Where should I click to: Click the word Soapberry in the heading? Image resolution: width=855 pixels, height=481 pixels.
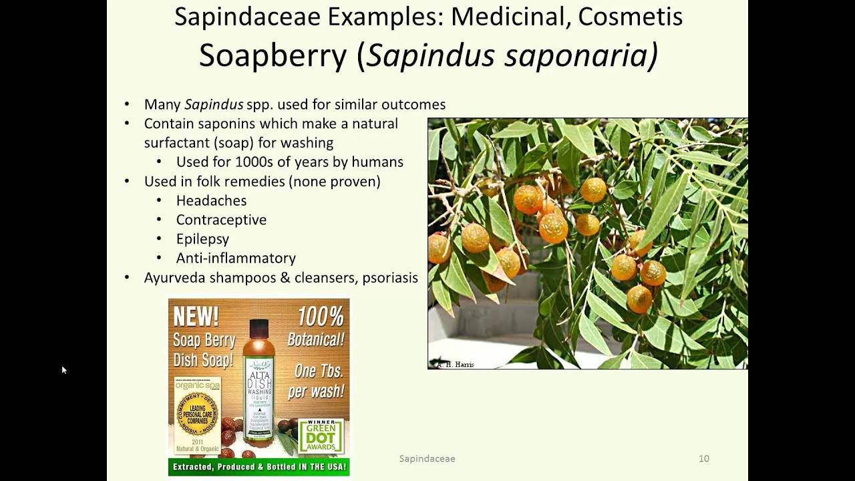[x=273, y=55]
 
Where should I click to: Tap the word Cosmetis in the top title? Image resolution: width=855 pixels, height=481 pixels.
[x=630, y=17]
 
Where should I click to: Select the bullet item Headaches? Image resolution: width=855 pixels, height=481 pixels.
[x=211, y=200]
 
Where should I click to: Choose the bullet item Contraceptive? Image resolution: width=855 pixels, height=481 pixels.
[x=221, y=220]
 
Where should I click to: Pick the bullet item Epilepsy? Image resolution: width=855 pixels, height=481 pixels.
[x=202, y=239]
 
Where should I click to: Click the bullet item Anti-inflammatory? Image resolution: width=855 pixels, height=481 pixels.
[x=236, y=258]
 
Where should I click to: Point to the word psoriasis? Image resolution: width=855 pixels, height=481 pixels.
[x=390, y=277]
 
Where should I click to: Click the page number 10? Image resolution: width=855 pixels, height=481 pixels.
[x=703, y=458]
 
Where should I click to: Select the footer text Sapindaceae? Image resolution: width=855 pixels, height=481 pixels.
[x=427, y=458]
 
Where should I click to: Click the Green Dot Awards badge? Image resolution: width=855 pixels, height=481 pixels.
[x=321, y=436]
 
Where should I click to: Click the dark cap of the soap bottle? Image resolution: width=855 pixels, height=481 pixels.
[x=259, y=328]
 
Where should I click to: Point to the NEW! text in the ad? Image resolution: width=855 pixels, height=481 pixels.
[x=196, y=316]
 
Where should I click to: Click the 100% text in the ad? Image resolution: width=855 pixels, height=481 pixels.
[x=321, y=316]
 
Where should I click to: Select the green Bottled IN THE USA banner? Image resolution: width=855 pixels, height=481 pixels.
[x=259, y=466]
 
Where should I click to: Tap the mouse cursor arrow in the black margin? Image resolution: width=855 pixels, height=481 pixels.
[x=63, y=369]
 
